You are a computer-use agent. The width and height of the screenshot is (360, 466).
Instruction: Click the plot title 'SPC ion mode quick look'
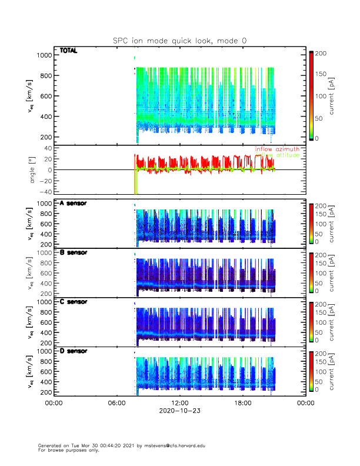[180, 41]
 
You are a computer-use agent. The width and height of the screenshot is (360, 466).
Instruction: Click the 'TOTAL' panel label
[69, 51]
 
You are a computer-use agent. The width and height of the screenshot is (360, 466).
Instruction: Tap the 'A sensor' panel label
[74, 203]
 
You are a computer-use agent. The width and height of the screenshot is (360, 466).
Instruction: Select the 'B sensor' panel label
[74, 252]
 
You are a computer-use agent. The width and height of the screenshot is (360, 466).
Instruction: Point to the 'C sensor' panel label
[74, 302]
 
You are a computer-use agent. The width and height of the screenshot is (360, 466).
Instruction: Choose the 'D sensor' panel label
[74, 351]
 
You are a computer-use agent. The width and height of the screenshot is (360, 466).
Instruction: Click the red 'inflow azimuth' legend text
[277, 149]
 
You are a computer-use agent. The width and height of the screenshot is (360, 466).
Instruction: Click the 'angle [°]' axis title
[34, 170]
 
